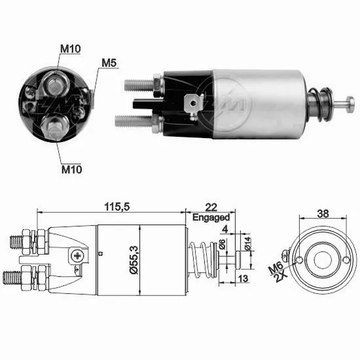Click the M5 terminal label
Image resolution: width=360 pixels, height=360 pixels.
(x=109, y=63)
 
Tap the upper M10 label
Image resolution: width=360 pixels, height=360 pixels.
(x=70, y=49)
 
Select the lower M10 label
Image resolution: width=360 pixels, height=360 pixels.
(x=72, y=170)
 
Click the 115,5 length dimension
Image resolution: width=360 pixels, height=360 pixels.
(x=117, y=207)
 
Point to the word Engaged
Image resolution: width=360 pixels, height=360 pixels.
(x=211, y=217)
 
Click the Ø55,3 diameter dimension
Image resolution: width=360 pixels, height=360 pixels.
(x=134, y=260)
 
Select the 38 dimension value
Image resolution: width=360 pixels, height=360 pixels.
(x=323, y=213)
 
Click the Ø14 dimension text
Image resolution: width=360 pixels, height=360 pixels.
(x=248, y=244)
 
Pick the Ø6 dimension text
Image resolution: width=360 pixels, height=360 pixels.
(x=222, y=244)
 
